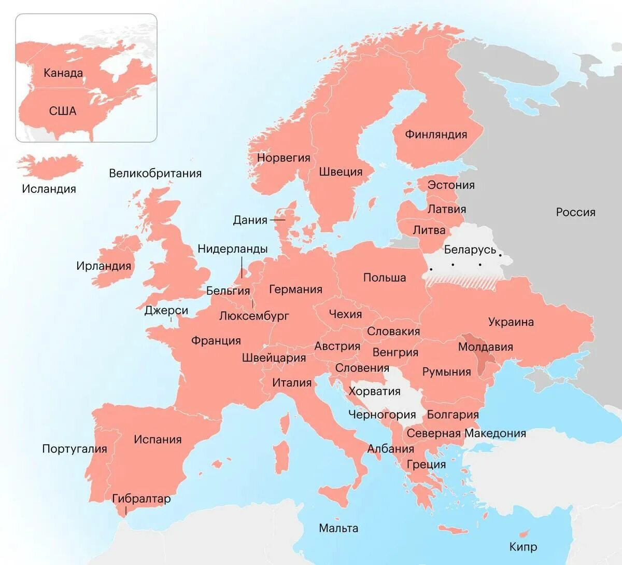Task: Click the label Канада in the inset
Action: (x=63, y=73)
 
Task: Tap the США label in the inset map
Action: (x=63, y=111)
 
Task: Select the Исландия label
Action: (x=49, y=189)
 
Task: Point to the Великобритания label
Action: (x=155, y=173)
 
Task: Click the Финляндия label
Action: (x=436, y=134)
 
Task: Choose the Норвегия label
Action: (x=284, y=158)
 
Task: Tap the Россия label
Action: (x=575, y=212)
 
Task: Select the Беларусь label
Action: (x=470, y=250)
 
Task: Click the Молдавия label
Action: (x=485, y=347)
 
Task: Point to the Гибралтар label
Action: (x=141, y=499)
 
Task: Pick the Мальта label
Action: (x=338, y=529)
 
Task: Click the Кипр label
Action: (x=523, y=547)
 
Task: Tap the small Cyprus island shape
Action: (x=525, y=534)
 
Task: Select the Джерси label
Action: (x=166, y=311)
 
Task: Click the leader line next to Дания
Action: (x=278, y=220)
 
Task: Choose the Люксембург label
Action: (x=254, y=316)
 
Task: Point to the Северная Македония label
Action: (x=466, y=433)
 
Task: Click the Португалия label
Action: (x=74, y=449)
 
